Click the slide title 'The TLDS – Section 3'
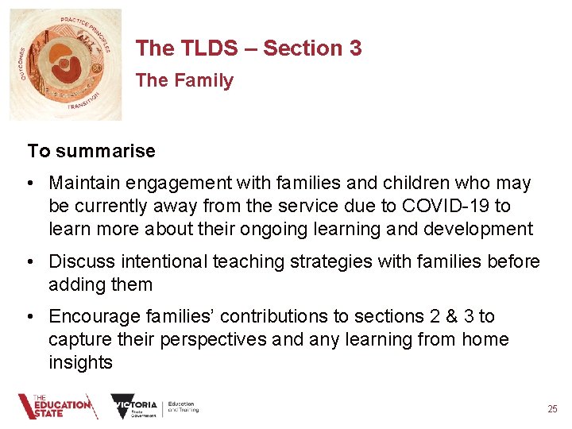coord(248,48)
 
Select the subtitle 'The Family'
coord(184,81)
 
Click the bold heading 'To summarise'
coord(91,150)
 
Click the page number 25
coord(552,409)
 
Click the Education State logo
coord(57,406)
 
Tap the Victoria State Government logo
coord(135,407)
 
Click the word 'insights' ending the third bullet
coord(80,363)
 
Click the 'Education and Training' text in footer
coord(184,407)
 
